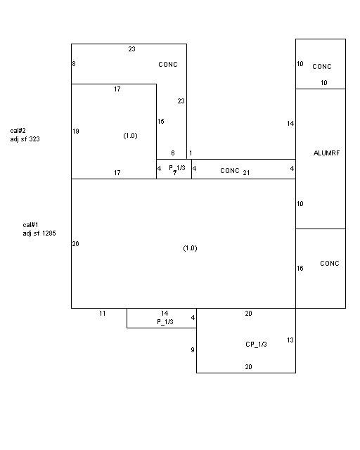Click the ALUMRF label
pyautogui.click(x=326, y=153)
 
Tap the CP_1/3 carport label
pyautogui.click(x=256, y=344)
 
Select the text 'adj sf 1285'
pyautogui.click(x=39, y=233)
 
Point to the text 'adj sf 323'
pyautogui.click(x=25, y=139)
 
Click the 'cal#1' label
pyautogui.click(x=30, y=225)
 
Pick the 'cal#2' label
pyautogui.click(x=18, y=131)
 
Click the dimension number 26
pyautogui.click(x=75, y=244)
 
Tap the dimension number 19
pyautogui.click(x=76, y=131)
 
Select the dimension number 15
pyautogui.click(x=161, y=122)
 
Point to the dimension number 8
pyautogui.click(x=74, y=64)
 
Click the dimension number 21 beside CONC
pyautogui.click(x=246, y=173)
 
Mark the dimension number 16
pyautogui.click(x=300, y=269)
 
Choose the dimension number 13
pyautogui.click(x=290, y=340)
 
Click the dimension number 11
pyautogui.click(x=103, y=314)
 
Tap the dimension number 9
pyautogui.click(x=193, y=350)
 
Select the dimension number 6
pyautogui.click(x=173, y=153)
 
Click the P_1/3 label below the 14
pyautogui.click(x=165, y=322)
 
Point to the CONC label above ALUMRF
pyautogui.click(x=322, y=67)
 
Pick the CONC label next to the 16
pyautogui.click(x=330, y=264)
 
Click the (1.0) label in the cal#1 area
pyautogui.click(x=190, y=248)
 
